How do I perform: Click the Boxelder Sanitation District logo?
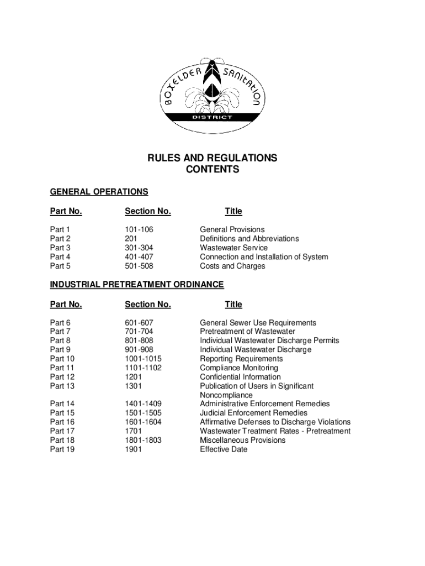(x=212, y=96)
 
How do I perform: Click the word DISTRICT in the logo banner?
(x=212, y=117)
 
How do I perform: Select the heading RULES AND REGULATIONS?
(x=212, y=159)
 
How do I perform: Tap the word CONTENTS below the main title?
(x=212, y=170)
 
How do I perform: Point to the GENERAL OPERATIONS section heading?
(x=99, y=192)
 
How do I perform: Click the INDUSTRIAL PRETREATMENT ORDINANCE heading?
(x=137, y=285)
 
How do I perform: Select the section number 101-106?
(x=139, y=229)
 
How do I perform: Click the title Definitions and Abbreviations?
(x=249, y=239)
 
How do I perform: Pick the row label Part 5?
(x=60, y=266)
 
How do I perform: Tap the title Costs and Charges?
(x=232, y=266)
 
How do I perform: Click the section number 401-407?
(x=139, y=257)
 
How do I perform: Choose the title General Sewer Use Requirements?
(x=258, y=323)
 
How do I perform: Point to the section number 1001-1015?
(x=144, y=359)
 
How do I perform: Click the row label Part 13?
(x=62, y=386)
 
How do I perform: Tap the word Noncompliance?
(x=226, y=395)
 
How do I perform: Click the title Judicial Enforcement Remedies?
(x=254, y=413)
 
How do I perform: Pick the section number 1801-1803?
(x=144, y=440)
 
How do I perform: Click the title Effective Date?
(x=224, y=449)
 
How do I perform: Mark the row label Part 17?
(x=62, y=431)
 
